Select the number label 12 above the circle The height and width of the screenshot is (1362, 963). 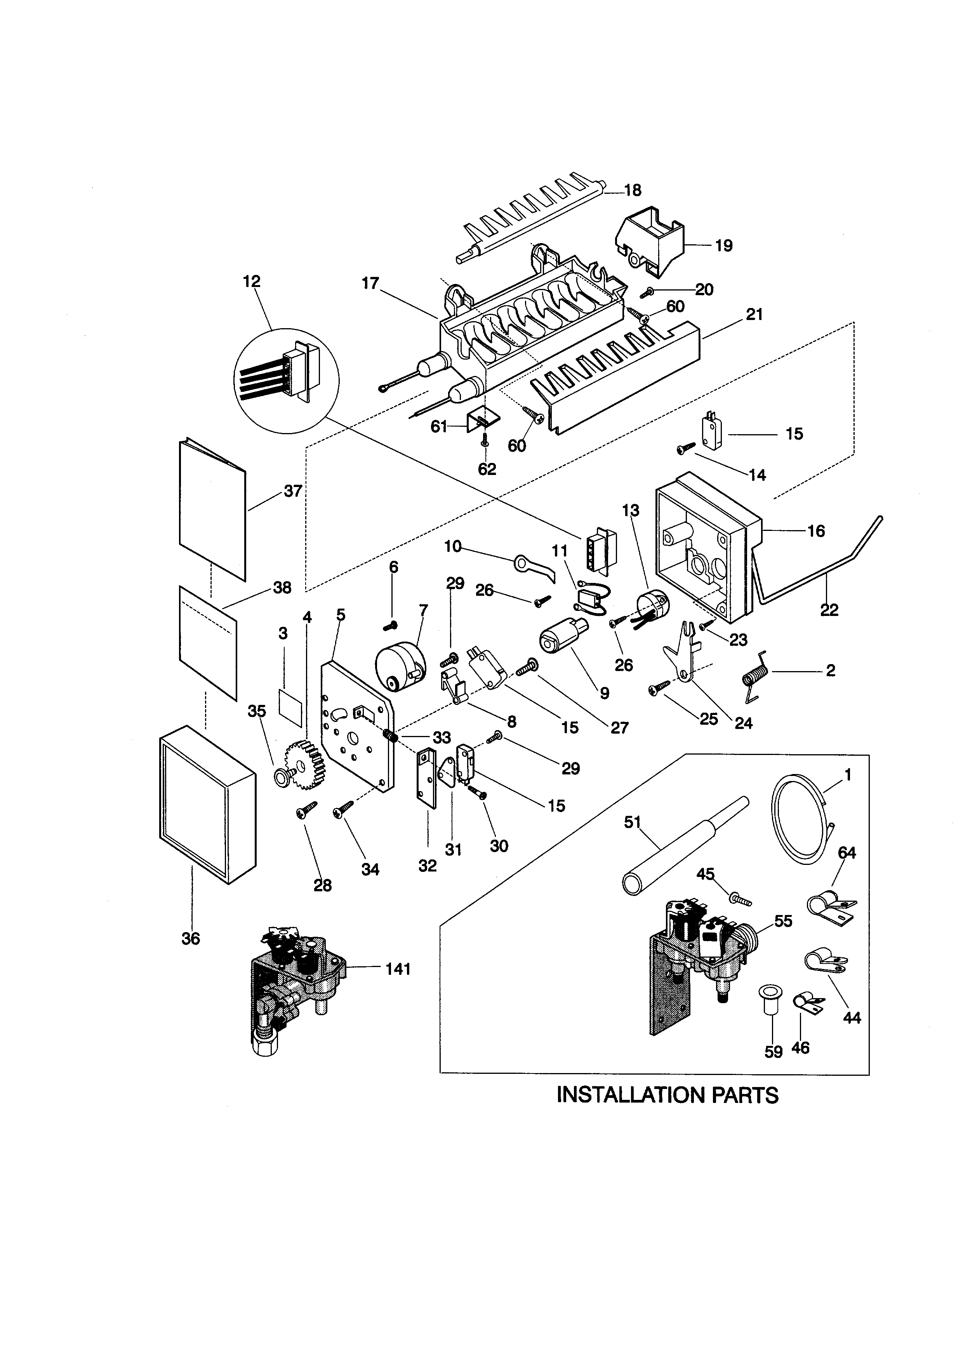coord(252,281)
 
